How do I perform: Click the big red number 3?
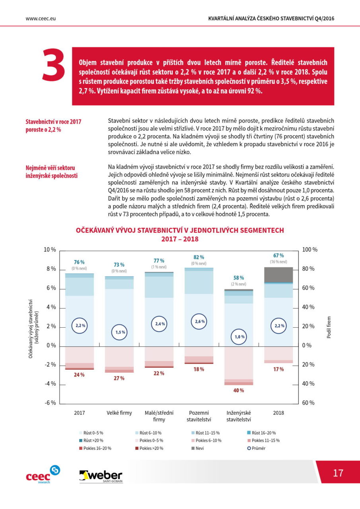[x=54, y=64]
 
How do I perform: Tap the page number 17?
[x=338, y=473]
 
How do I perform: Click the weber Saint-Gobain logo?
[x=101, y=476]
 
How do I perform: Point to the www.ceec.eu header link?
[x=41, y=19]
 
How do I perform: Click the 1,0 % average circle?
[x=239, y=336]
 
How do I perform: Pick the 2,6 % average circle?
[x=199, y=321]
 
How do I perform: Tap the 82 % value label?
[x=198, y=257]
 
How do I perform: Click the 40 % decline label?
[x=238, y=390]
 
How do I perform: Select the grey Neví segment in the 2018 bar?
[x=278, y=275]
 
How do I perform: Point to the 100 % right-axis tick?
[x=309, y=249]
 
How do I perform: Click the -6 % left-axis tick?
[x=50, y=403]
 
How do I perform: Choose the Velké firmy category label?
[x=119, y=413]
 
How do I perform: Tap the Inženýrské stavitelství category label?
[x=239, y=416]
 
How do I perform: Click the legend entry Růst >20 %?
[x=91, y=440]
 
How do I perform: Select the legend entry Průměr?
[x=256, y=448]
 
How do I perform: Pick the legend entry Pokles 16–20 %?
[x=95, y=448]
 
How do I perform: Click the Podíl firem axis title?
[x=329, y=327]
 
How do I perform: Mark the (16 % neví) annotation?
[x=278, y=262]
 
